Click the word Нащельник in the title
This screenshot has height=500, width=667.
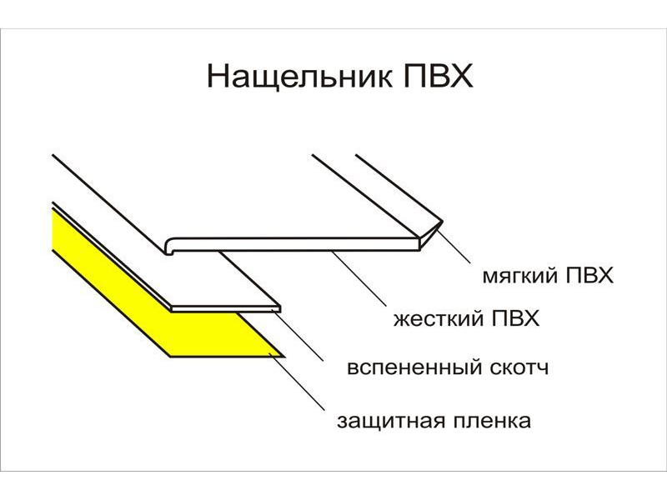[x=299, y=77]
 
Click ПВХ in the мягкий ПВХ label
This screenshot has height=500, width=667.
[x=589, y=275]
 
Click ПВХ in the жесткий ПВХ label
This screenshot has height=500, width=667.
[x=515, y=318]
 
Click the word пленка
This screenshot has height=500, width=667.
[x=492, y=421]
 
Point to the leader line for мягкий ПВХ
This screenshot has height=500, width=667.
[x=454, y=246]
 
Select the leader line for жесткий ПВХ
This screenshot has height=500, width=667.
[x=359, y=278]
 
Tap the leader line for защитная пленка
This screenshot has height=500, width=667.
[x=298, y=382]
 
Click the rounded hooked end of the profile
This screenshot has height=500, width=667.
[x=170, y=246]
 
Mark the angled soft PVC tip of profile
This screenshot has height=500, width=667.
[x=430, y=235]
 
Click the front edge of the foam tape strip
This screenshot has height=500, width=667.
[x=225, y=308]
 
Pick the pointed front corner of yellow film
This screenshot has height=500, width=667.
[x=284, y=357]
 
